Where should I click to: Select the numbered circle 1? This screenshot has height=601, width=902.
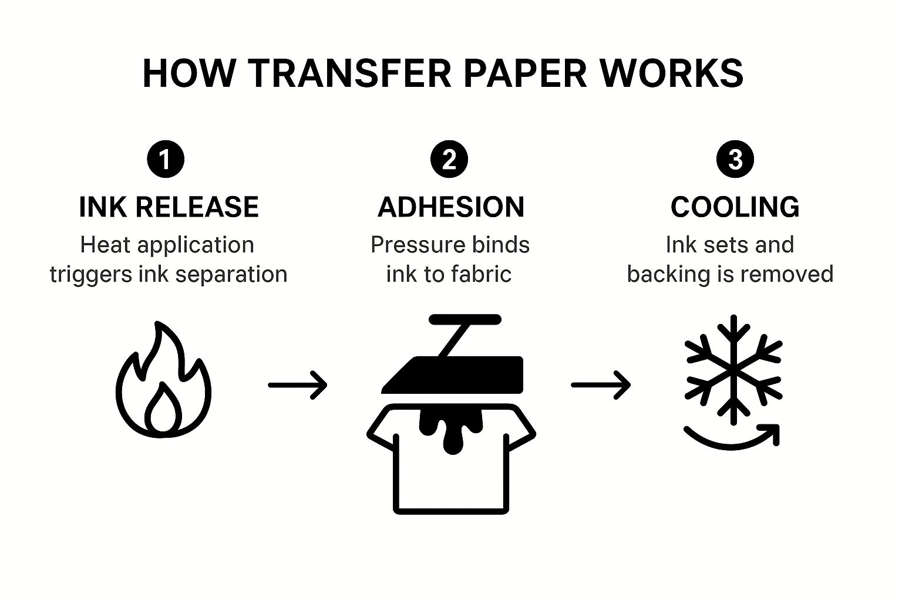tap(166, 159)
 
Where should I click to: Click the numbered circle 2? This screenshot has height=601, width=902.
tap(449, 159)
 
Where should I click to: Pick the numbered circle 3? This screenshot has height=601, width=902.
tap(735, 159)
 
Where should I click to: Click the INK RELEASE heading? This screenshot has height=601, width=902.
tap(169, 207)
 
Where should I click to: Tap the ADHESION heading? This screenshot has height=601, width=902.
tap(451, 207)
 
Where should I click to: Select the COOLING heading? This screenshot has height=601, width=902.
tap(735, 207)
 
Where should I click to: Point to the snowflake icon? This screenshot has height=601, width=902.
tap(733, 370)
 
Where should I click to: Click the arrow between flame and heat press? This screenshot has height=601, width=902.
tap(298, 385)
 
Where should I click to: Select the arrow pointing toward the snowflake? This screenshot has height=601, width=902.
tap(601, 385)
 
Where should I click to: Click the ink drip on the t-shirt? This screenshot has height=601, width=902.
tap(451, 428)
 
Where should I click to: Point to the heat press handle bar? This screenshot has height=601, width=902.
tap(465, 320)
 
